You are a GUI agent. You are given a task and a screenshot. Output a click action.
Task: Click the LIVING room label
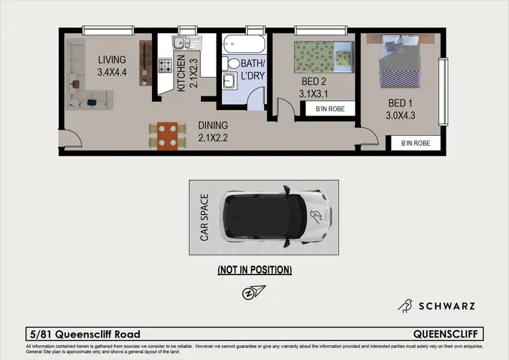click(x=111, y=65)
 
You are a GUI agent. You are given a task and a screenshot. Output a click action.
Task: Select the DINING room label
click(x=212, y=131)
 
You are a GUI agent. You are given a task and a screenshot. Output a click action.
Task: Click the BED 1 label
click(x=400, y=109)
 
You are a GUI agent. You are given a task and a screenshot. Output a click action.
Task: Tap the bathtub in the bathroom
click(x=246, y=44)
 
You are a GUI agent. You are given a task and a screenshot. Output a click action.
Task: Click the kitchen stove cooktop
click(x=166, y=66)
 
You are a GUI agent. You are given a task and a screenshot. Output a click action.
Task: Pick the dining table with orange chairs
click(x=167, y=134)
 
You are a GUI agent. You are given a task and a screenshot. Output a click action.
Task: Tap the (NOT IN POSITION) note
click(x=254, y=270)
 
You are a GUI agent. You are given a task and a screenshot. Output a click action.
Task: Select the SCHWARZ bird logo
click(x=405, y=306)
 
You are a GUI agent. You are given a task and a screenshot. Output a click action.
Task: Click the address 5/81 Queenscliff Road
click(x=85, y=334)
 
